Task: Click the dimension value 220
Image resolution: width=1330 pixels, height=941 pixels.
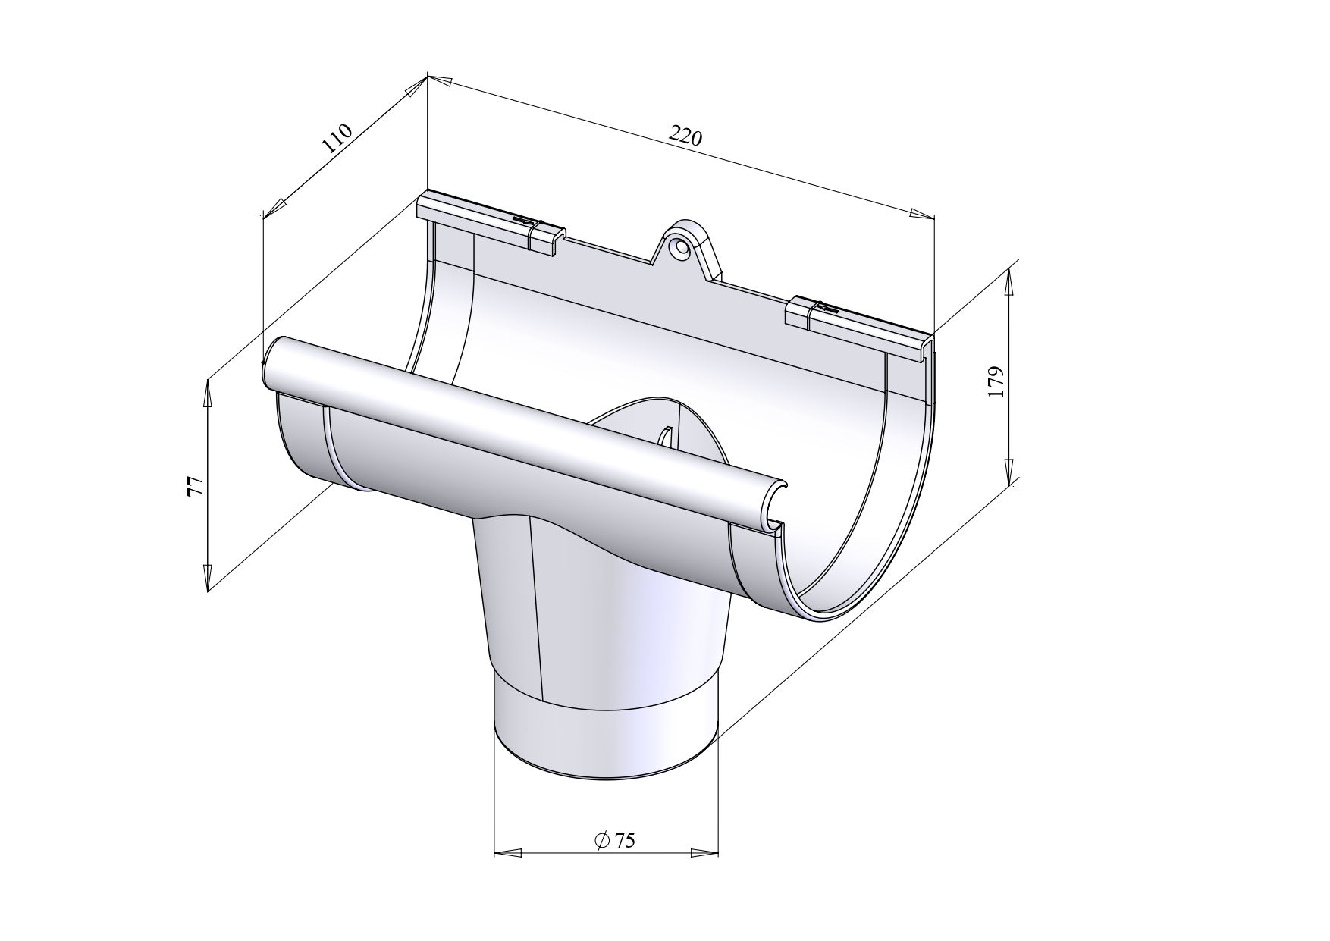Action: click(x=685, y=136)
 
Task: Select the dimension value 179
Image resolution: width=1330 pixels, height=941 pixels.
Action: click(x=997, y=381)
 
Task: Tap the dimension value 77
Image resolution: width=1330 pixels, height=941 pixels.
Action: click(x=195, y=486)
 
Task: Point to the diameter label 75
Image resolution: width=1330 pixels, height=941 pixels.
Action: click(x=616, y=840)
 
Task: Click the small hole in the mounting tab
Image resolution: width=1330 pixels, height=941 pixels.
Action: click(x=681, y=246)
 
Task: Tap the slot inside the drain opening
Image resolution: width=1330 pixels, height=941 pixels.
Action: click(x=665, y=438)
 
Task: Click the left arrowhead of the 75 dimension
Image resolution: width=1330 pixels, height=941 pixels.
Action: click(x=507, y=853)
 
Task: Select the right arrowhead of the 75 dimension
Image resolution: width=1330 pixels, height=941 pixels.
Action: click(x=705, y=853)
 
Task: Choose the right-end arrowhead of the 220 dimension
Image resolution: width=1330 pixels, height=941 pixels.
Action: click(x=921, y=214)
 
